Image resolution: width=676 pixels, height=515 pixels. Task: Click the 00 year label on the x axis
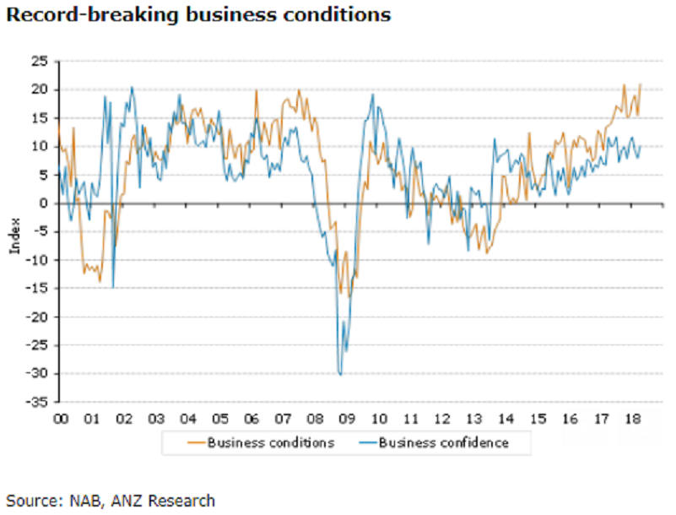click(x=61, y=419)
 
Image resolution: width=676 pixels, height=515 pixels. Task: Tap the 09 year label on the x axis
click(x=347, y=419)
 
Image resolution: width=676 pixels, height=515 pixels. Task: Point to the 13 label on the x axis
click(x=474, y=419)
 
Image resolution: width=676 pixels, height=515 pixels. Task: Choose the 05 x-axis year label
click(x=219, y=419)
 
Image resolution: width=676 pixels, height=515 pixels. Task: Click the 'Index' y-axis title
click(x=14, y=238)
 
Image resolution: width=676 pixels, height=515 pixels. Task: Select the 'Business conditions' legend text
click(x=270, y=442)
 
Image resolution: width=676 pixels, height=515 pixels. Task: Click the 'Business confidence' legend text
click(x=444, y=442)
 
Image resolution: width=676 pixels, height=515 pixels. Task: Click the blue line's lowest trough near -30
click(x=340, y=373)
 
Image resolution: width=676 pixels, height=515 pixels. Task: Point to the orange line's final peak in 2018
click(x=641, y=84)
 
